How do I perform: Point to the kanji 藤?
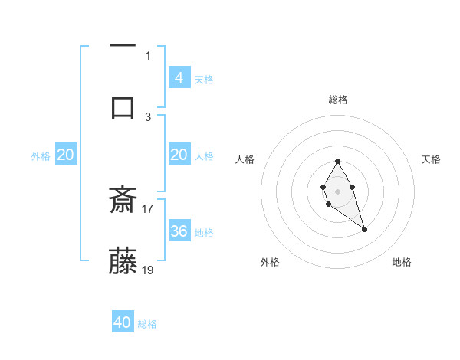click(x=123, y=261)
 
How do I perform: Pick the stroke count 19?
click(x=148, y=270)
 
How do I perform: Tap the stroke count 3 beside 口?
click(x=148, y=116)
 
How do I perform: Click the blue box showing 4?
click(x=179, y=78)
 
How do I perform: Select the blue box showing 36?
click(x=179, y=231)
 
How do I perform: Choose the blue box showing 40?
click(x=123, y=322)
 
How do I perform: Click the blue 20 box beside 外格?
click(x=66, y=155)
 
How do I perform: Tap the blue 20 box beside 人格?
click(x=179, y=155)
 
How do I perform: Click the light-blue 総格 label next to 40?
click(x=147, y=324)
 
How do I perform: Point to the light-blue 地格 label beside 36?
click(x=204, y=232)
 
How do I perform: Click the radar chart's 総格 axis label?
click(x=338, y=100)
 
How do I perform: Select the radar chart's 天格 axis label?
click(x=432, y=159)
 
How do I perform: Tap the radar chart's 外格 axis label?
click(x=270, y=262)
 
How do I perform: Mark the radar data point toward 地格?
click(x=364, y=229)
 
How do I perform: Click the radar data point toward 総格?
click(x=337, y=161)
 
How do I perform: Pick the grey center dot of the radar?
click(x=337, y=190)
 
